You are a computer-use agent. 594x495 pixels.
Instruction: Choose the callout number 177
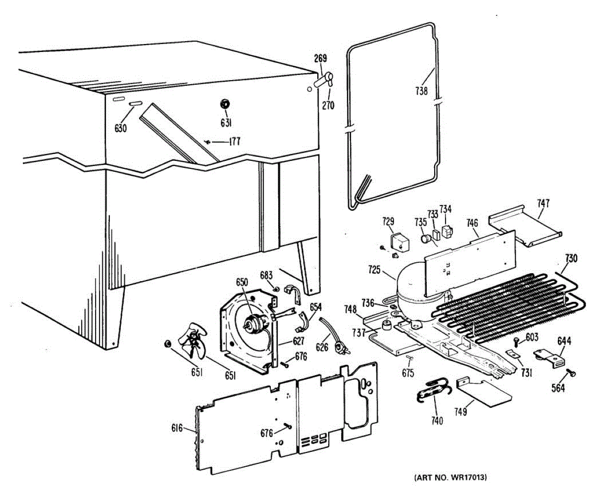click(234, 142)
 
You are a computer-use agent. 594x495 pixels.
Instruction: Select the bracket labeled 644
click(549, 357)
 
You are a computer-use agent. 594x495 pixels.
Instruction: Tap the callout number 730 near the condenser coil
click(571, 258)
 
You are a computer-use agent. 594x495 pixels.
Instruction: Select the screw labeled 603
click(517, 341)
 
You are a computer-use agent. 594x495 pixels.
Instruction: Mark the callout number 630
click(120, 128)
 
